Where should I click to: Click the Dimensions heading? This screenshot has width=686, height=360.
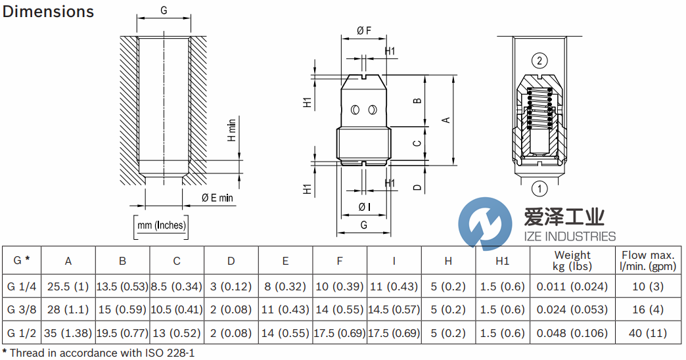point(49,12)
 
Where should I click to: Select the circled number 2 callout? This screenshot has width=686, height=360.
point(539,62)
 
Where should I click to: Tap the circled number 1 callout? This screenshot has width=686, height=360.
point(539,189)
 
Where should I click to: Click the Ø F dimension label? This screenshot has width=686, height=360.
point(364,30)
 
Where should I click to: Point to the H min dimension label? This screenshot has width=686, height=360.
point(231,129)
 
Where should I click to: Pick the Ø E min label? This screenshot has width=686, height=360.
point(217,197)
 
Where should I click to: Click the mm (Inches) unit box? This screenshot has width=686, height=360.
point(161,226)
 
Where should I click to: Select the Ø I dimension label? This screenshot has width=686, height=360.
point(364,207)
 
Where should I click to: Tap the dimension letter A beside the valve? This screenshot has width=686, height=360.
point(446,120)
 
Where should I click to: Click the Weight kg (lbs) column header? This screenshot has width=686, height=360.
point(572,260)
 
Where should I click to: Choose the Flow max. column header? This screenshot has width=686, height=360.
point(648,260)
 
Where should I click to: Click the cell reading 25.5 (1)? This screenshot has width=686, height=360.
point(68,286)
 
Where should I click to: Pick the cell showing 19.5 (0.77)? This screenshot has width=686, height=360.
point(123,333)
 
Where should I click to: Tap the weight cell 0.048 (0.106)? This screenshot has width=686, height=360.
point(572,333)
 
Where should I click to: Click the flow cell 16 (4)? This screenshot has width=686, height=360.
point(648,309)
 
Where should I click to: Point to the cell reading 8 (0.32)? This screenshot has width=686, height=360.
point(285,286)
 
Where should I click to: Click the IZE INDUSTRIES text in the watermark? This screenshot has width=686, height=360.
point(560,236)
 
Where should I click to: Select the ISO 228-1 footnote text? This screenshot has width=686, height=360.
point(165,353)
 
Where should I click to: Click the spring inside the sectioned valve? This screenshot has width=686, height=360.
point(539,107)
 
